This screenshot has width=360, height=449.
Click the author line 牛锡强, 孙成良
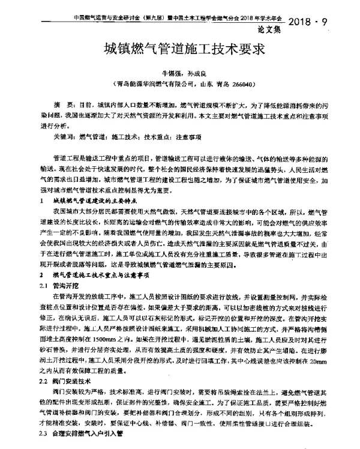click(180, 72)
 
